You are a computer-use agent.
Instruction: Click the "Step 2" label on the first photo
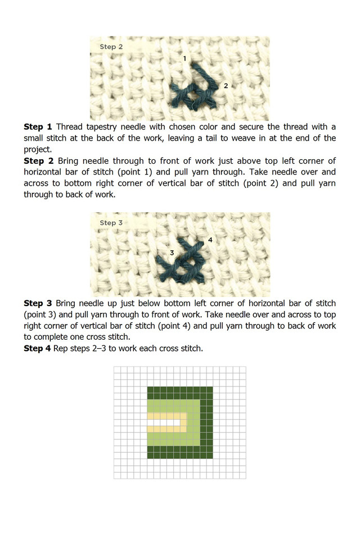111,47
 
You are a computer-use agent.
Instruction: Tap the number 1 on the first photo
184,58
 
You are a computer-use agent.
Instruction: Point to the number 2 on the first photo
226,85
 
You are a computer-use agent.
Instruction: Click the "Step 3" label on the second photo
111,223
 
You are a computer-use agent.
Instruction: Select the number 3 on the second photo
172,252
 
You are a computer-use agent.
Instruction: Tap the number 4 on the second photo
210,240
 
